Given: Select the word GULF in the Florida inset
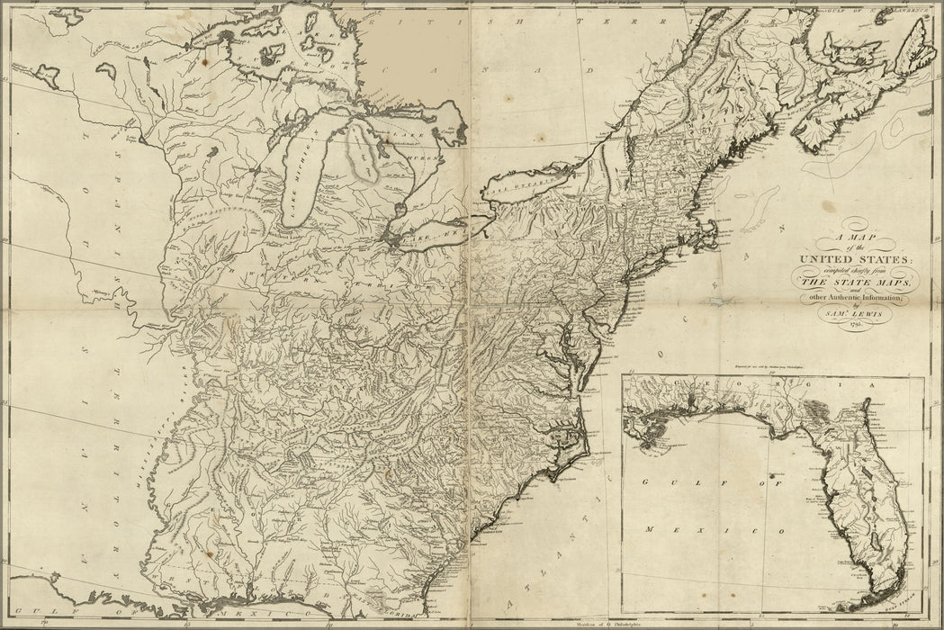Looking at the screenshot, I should tap(663, 484).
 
